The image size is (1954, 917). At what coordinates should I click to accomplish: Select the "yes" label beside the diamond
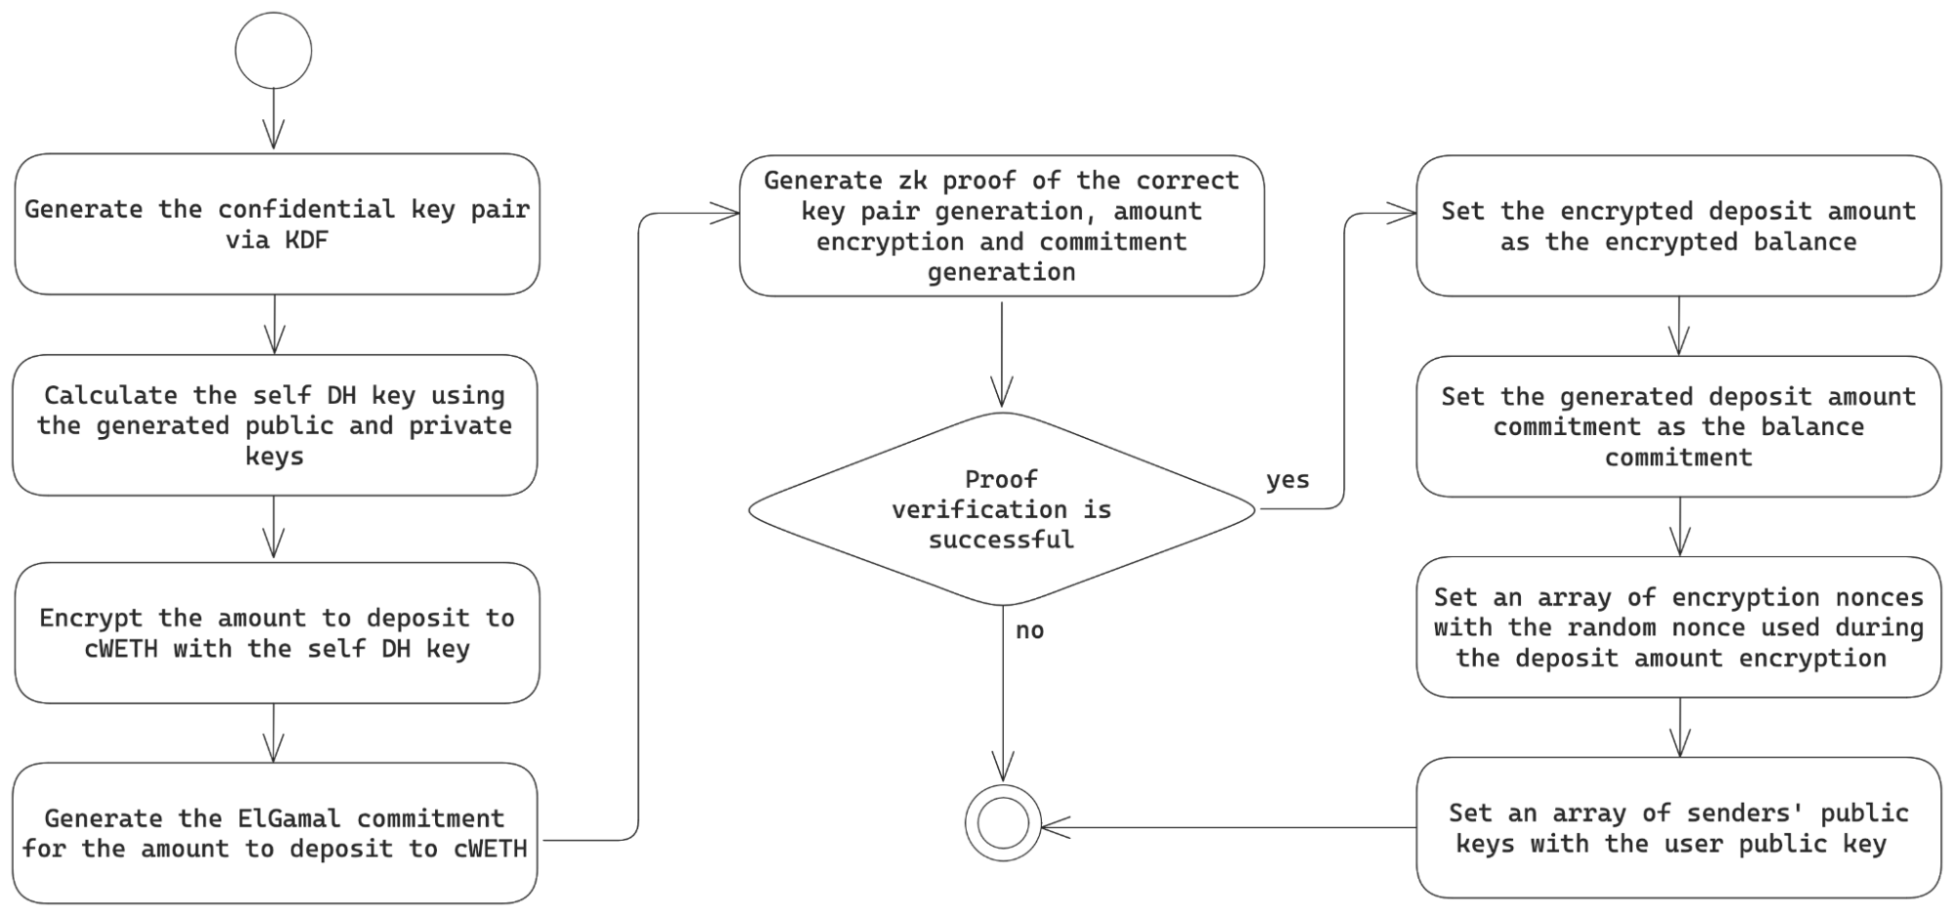tap(1287, 480)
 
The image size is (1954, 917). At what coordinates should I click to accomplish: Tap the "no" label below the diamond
tap(1029, 631)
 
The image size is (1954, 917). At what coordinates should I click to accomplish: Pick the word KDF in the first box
tap(306, 240)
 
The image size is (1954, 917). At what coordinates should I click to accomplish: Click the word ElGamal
tap(289, 818)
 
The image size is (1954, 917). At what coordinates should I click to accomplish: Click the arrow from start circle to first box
tap(274, 119)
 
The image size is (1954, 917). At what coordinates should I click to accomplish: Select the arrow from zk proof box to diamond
tap(1002, 354)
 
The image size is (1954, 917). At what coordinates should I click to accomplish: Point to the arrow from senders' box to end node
tap(1229, 828)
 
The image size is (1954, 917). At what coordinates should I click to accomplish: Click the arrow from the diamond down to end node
tap(1003, 694)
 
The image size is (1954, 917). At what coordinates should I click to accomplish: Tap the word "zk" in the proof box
tap(912, 181)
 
